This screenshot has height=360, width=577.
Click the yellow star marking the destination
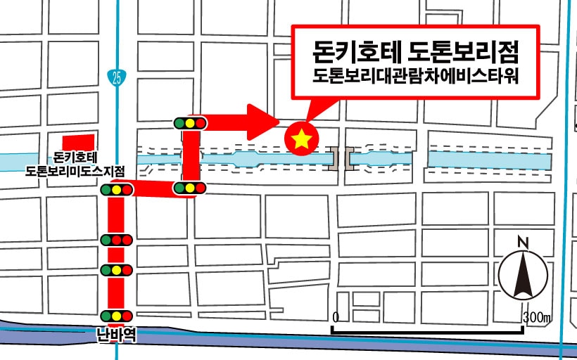[302, 139]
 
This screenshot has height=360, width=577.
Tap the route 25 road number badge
[115, 77]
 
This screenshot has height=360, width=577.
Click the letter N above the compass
[522, 243]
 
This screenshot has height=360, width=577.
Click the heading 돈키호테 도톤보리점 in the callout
[415, 52]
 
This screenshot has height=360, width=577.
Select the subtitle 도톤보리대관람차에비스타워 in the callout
[415, 76]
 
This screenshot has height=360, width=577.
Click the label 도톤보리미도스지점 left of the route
[75, 171]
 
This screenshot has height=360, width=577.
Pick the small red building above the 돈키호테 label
[78, 141]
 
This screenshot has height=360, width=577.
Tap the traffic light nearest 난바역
[117, 316]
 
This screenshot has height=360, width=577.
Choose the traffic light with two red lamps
[117, 240]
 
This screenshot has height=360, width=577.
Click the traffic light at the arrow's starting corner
[190, 122]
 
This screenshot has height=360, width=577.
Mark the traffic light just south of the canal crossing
[190, 188]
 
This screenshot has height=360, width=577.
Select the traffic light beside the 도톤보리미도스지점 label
[117, 189]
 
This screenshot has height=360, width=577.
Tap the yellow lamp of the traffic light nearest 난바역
[117, 316]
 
